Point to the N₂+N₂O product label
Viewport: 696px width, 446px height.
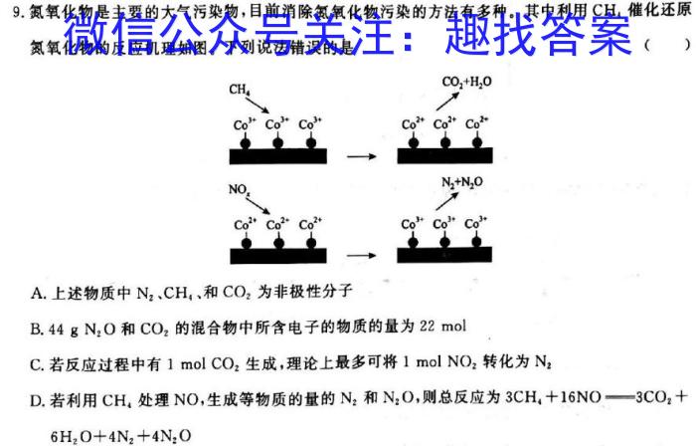pos(460,182)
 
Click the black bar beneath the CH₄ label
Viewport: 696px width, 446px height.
pos(277,156)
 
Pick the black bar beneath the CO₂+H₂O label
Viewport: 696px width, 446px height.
pos(443,156)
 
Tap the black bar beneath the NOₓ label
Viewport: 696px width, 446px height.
pos(277,254)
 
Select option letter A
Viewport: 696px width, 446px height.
pos(39,293)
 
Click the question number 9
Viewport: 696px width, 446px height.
pos(9,13)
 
